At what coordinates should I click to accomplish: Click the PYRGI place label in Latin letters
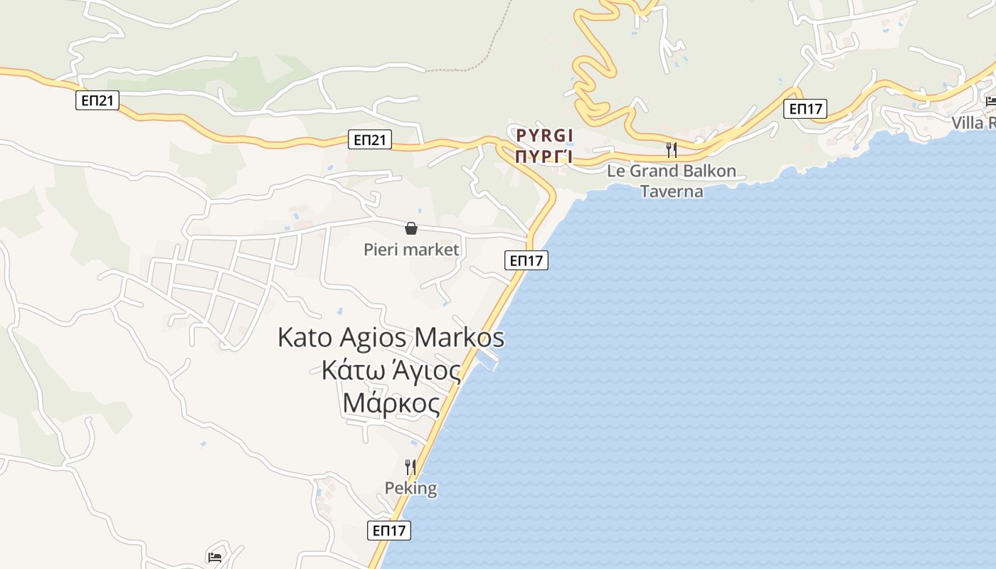(x=545, y=135)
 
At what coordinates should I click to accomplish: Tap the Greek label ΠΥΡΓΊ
(x=545, y=156)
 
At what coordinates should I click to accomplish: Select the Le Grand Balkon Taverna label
(x=671, y=181)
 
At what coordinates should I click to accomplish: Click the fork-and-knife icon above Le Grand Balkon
(x=671, y=150)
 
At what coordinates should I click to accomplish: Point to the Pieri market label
(x=411, y=250)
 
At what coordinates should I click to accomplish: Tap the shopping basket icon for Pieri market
(x=411, y=228)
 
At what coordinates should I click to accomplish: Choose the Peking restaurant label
(x=410, y=488)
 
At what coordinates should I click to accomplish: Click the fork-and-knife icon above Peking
(x=410, y=467)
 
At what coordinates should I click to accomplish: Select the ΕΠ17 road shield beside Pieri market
(x=526, y=260)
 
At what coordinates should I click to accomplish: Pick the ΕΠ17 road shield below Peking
(x=390, y=530)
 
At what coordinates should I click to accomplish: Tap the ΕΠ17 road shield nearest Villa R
(x=805, y=109)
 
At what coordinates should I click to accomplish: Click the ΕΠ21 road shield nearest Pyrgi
(x=371, y=139)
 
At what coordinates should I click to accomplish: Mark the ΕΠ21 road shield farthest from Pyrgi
(x=97, y=100)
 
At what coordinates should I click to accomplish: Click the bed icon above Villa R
(x=990, y=101)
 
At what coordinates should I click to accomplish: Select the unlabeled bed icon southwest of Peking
(x=215, y=557)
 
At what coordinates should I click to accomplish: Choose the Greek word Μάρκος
(x=391, y=403)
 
